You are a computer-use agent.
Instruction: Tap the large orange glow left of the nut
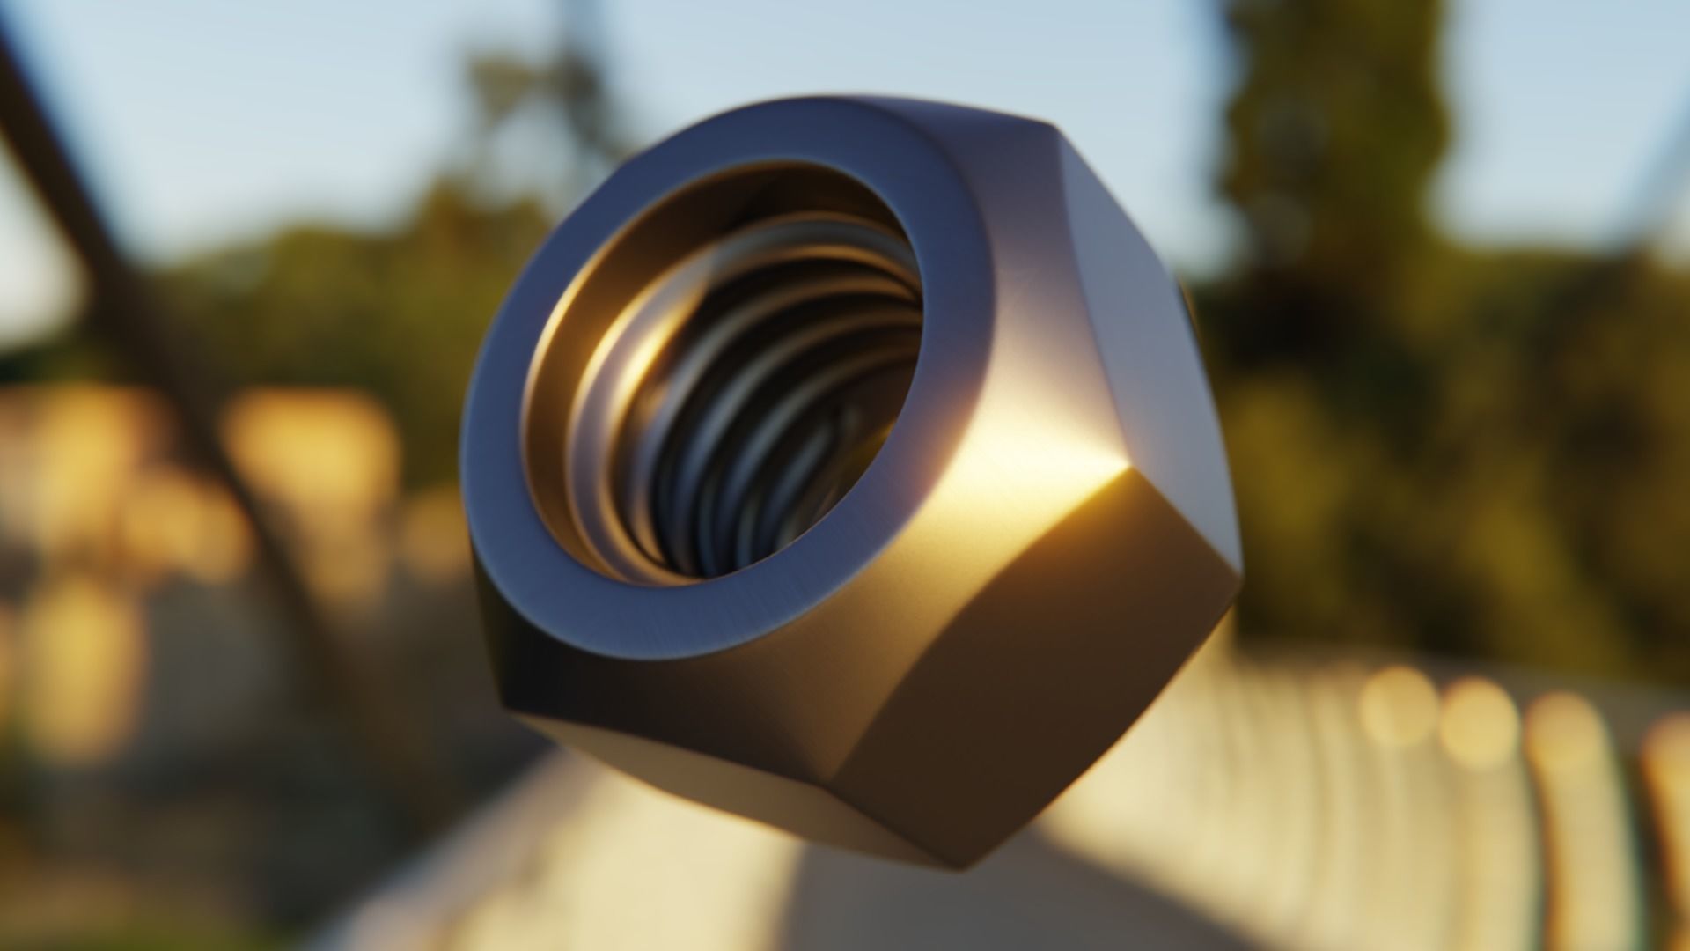tap(308, 467)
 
